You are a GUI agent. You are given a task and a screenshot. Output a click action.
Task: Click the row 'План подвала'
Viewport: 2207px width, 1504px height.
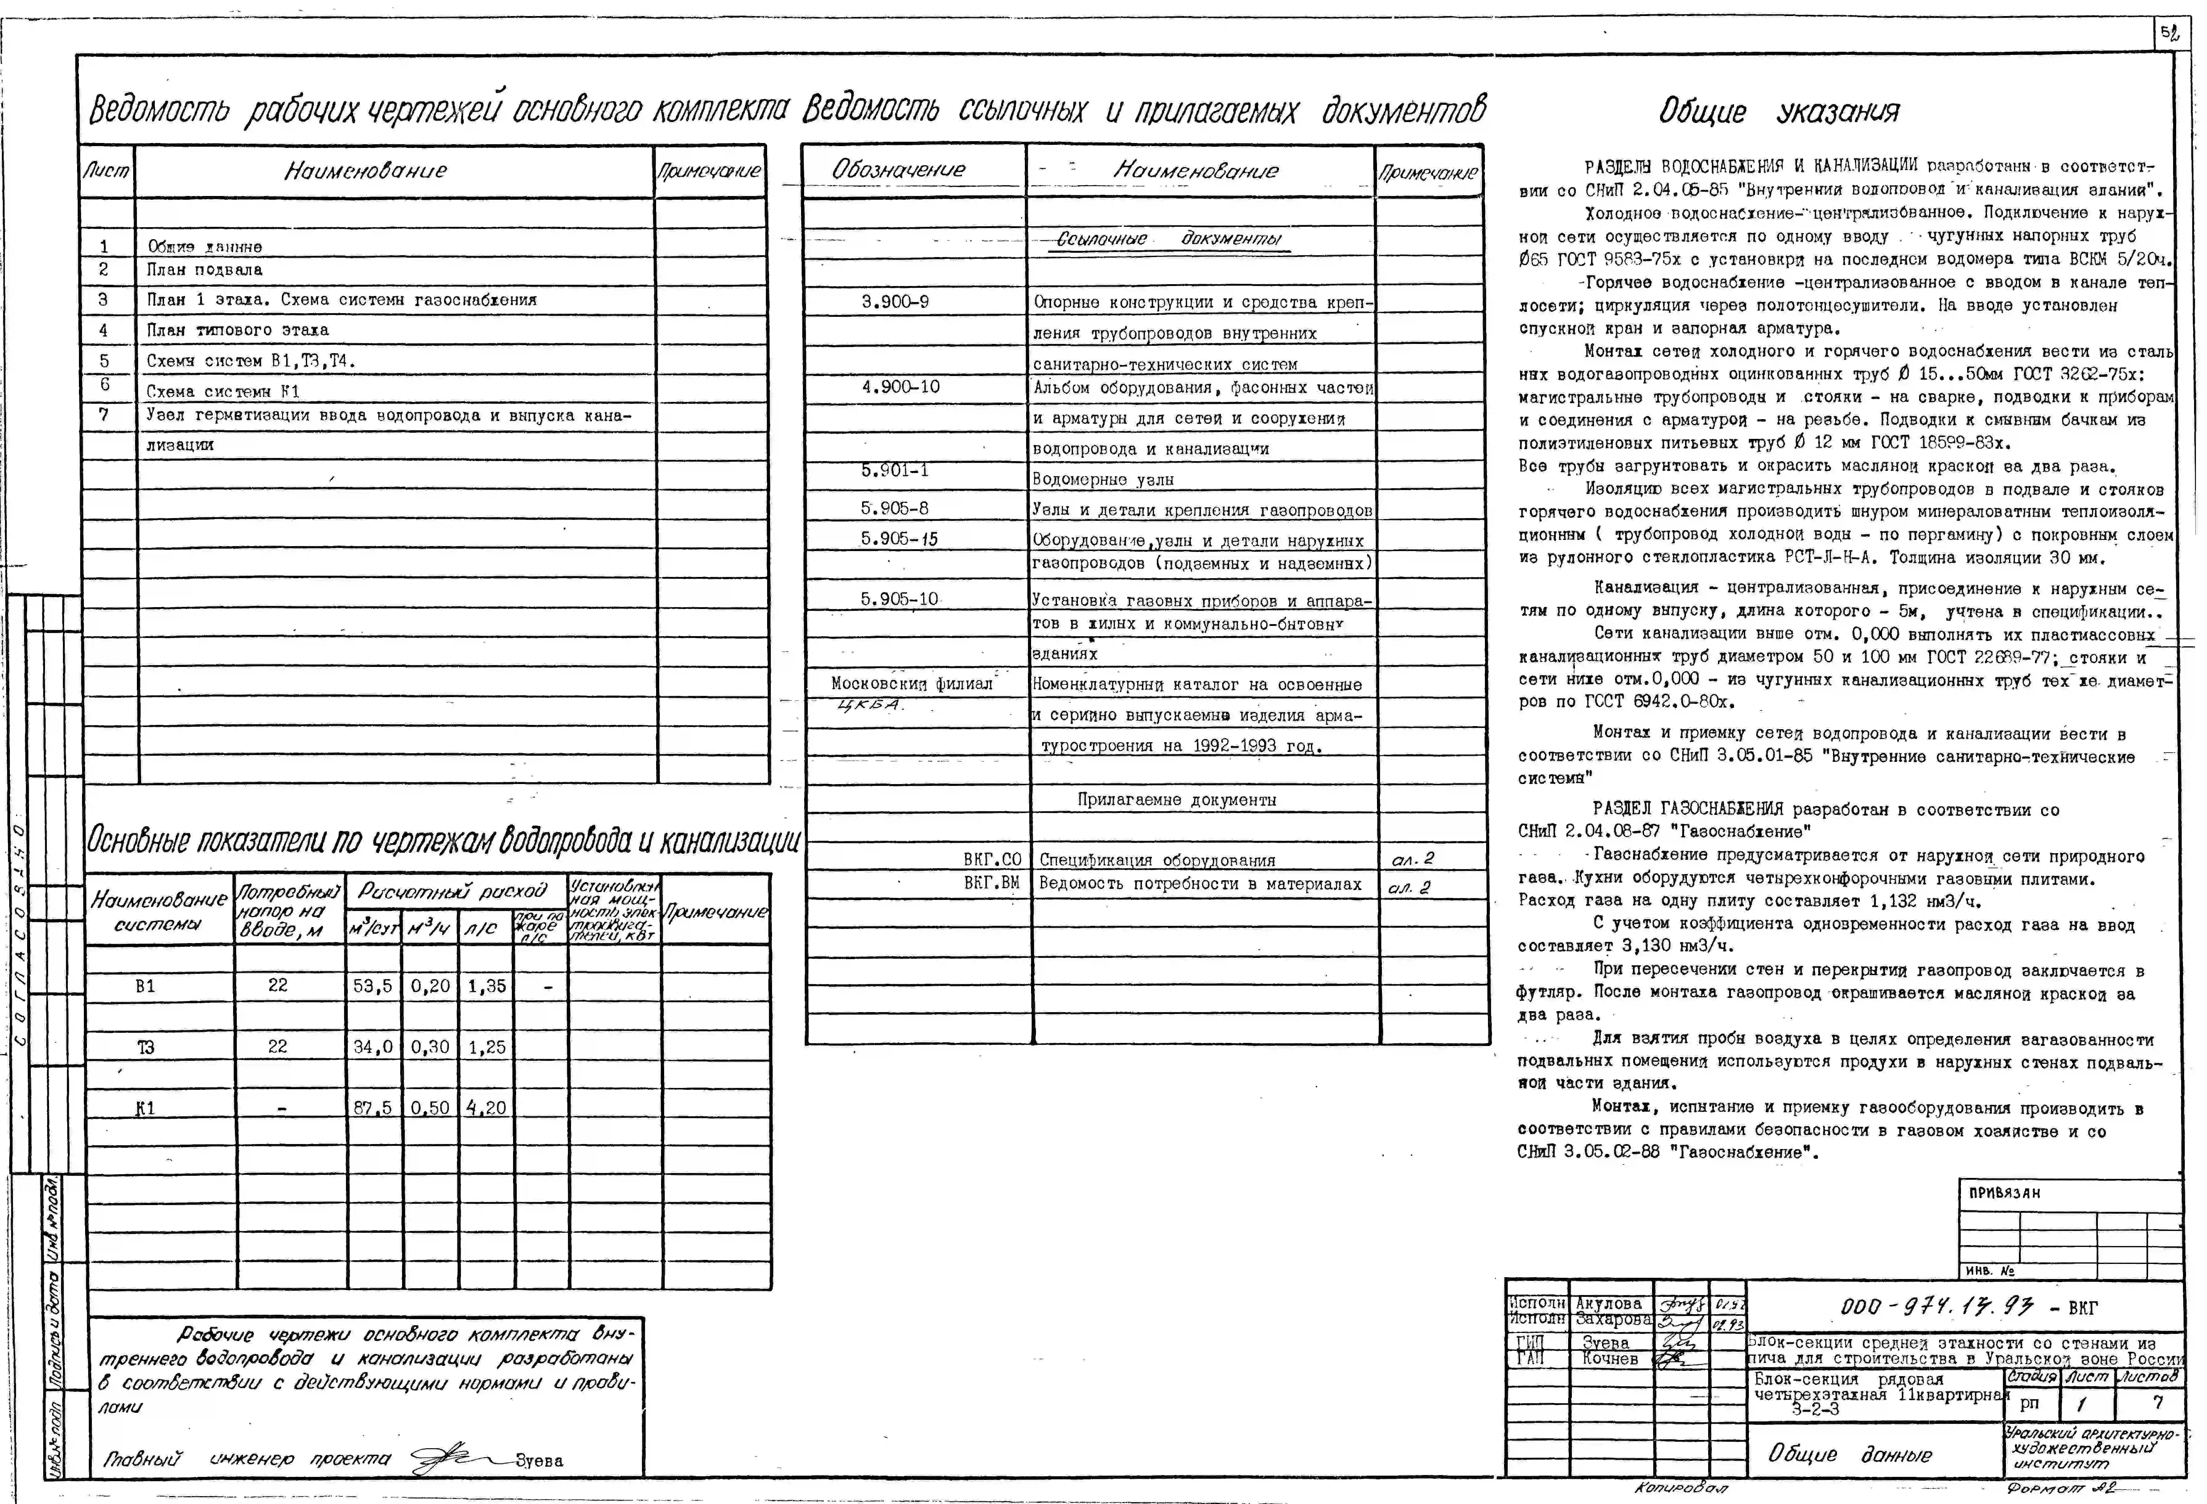coord(204,270)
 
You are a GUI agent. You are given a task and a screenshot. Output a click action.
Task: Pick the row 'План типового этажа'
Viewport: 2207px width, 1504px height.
coord(237,330)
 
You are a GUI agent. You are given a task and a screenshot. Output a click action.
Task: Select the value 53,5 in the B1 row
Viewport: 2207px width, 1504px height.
coord(372,987)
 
